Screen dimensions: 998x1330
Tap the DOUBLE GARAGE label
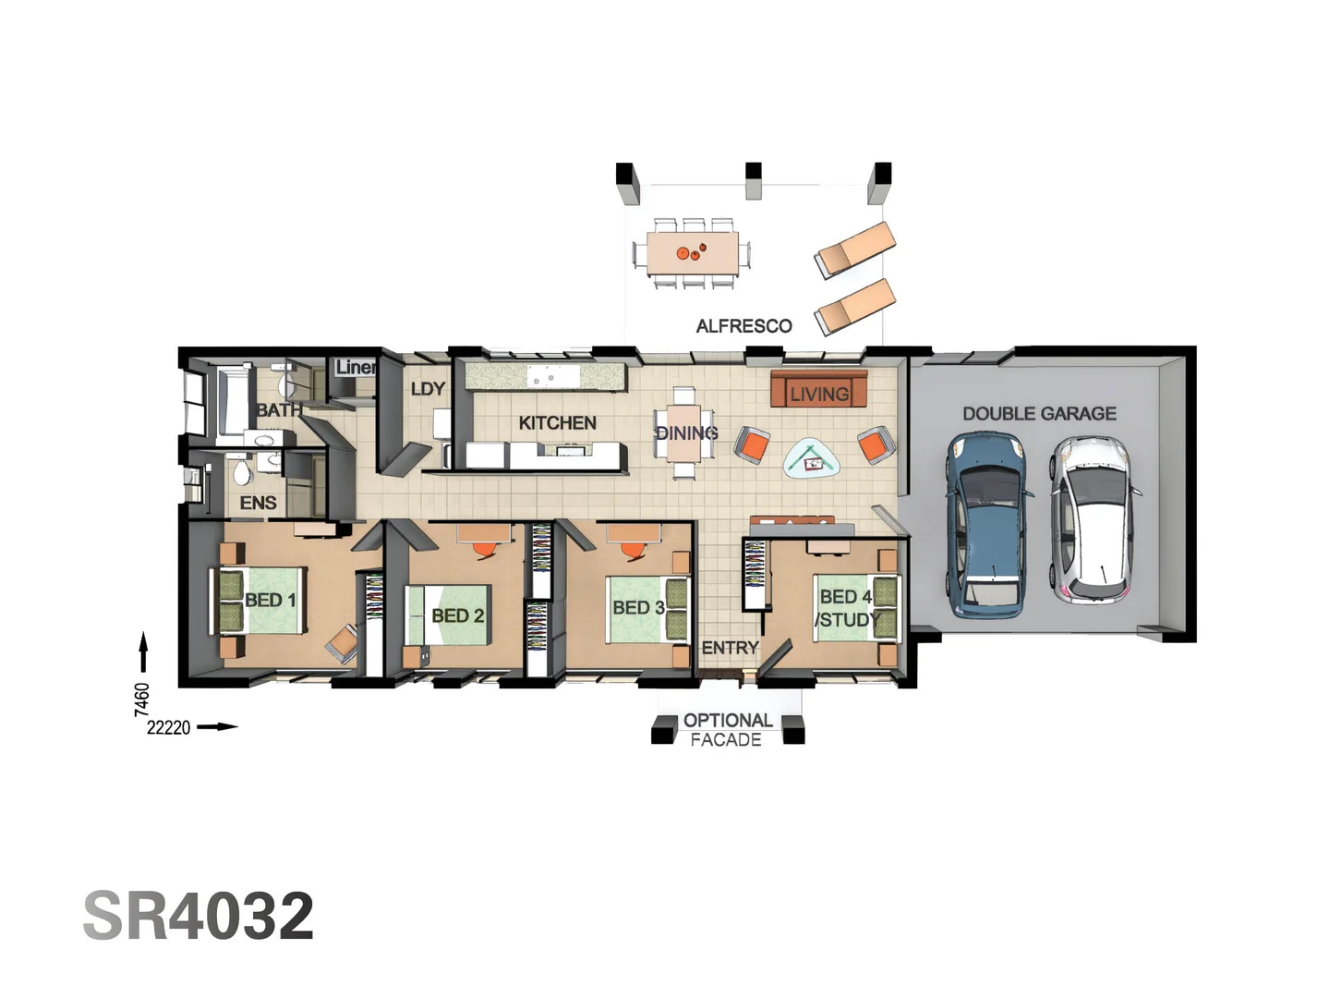(1039, 414)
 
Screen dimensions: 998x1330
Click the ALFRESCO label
(744, 326)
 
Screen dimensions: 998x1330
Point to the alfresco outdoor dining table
(691, 252)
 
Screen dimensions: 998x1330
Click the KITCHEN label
(557, 423)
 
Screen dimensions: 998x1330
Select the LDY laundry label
(428, 389)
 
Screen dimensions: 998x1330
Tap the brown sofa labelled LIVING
(818, 391)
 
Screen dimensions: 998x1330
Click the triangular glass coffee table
(813, 457)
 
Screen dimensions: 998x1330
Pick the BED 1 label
(270, 601)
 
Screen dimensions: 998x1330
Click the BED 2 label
(457, 615)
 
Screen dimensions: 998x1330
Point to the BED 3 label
(638, 608)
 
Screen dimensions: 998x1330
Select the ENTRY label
(730, 649)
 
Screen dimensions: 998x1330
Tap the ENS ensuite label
(258, 503)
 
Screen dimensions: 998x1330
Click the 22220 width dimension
(168, 728)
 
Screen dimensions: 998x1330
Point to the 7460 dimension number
(141, 700)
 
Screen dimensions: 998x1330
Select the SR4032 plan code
(199, 916)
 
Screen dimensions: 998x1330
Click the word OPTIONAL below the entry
(728, 721)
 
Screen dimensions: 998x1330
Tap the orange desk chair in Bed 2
(484, 549)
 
